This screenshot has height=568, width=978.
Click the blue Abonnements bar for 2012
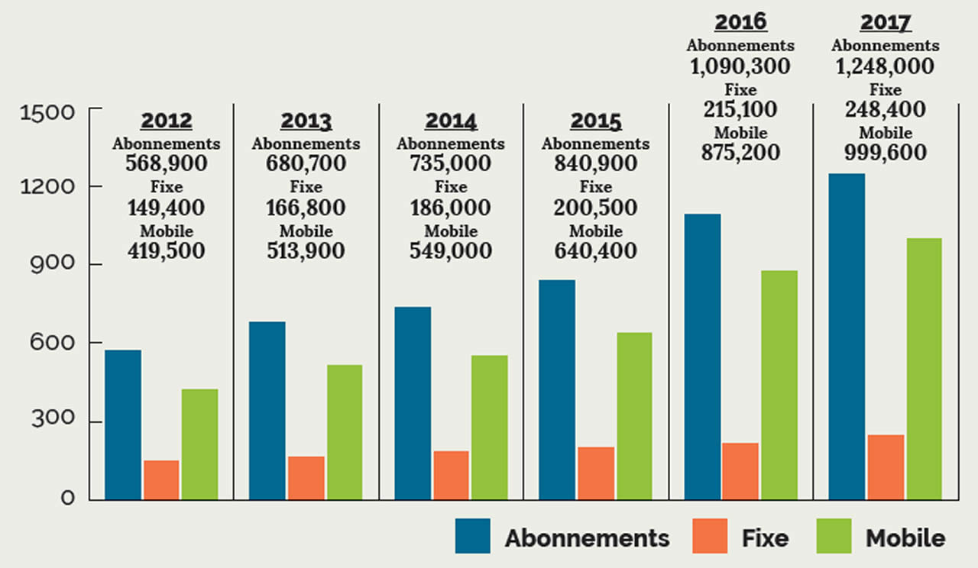122,424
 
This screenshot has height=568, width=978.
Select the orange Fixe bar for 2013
306,478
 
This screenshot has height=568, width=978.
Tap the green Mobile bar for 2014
489,428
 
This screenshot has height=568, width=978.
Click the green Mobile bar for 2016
779,385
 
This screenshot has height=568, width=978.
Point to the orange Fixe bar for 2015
596,473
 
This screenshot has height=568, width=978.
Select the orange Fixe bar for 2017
886,467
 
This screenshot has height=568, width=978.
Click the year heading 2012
167,121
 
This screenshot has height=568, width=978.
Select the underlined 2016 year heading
740,22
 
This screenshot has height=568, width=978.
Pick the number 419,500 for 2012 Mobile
167,250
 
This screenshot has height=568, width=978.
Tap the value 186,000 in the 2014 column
451,207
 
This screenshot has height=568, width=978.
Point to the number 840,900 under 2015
596,163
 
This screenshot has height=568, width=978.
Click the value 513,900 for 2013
306,250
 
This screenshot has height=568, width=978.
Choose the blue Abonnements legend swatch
473,536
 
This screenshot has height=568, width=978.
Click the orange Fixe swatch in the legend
711,536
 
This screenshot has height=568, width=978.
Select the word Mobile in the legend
905,537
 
